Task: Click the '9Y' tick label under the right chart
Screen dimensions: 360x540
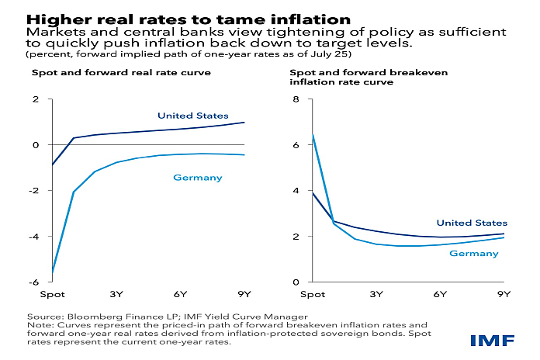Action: click(x=504, y=294)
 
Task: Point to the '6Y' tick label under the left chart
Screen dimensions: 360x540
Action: click(x=181, y=294)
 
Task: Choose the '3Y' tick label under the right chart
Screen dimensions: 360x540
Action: click(x=376, y=294)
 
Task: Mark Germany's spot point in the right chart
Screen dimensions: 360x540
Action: click(x=312, y=134)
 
